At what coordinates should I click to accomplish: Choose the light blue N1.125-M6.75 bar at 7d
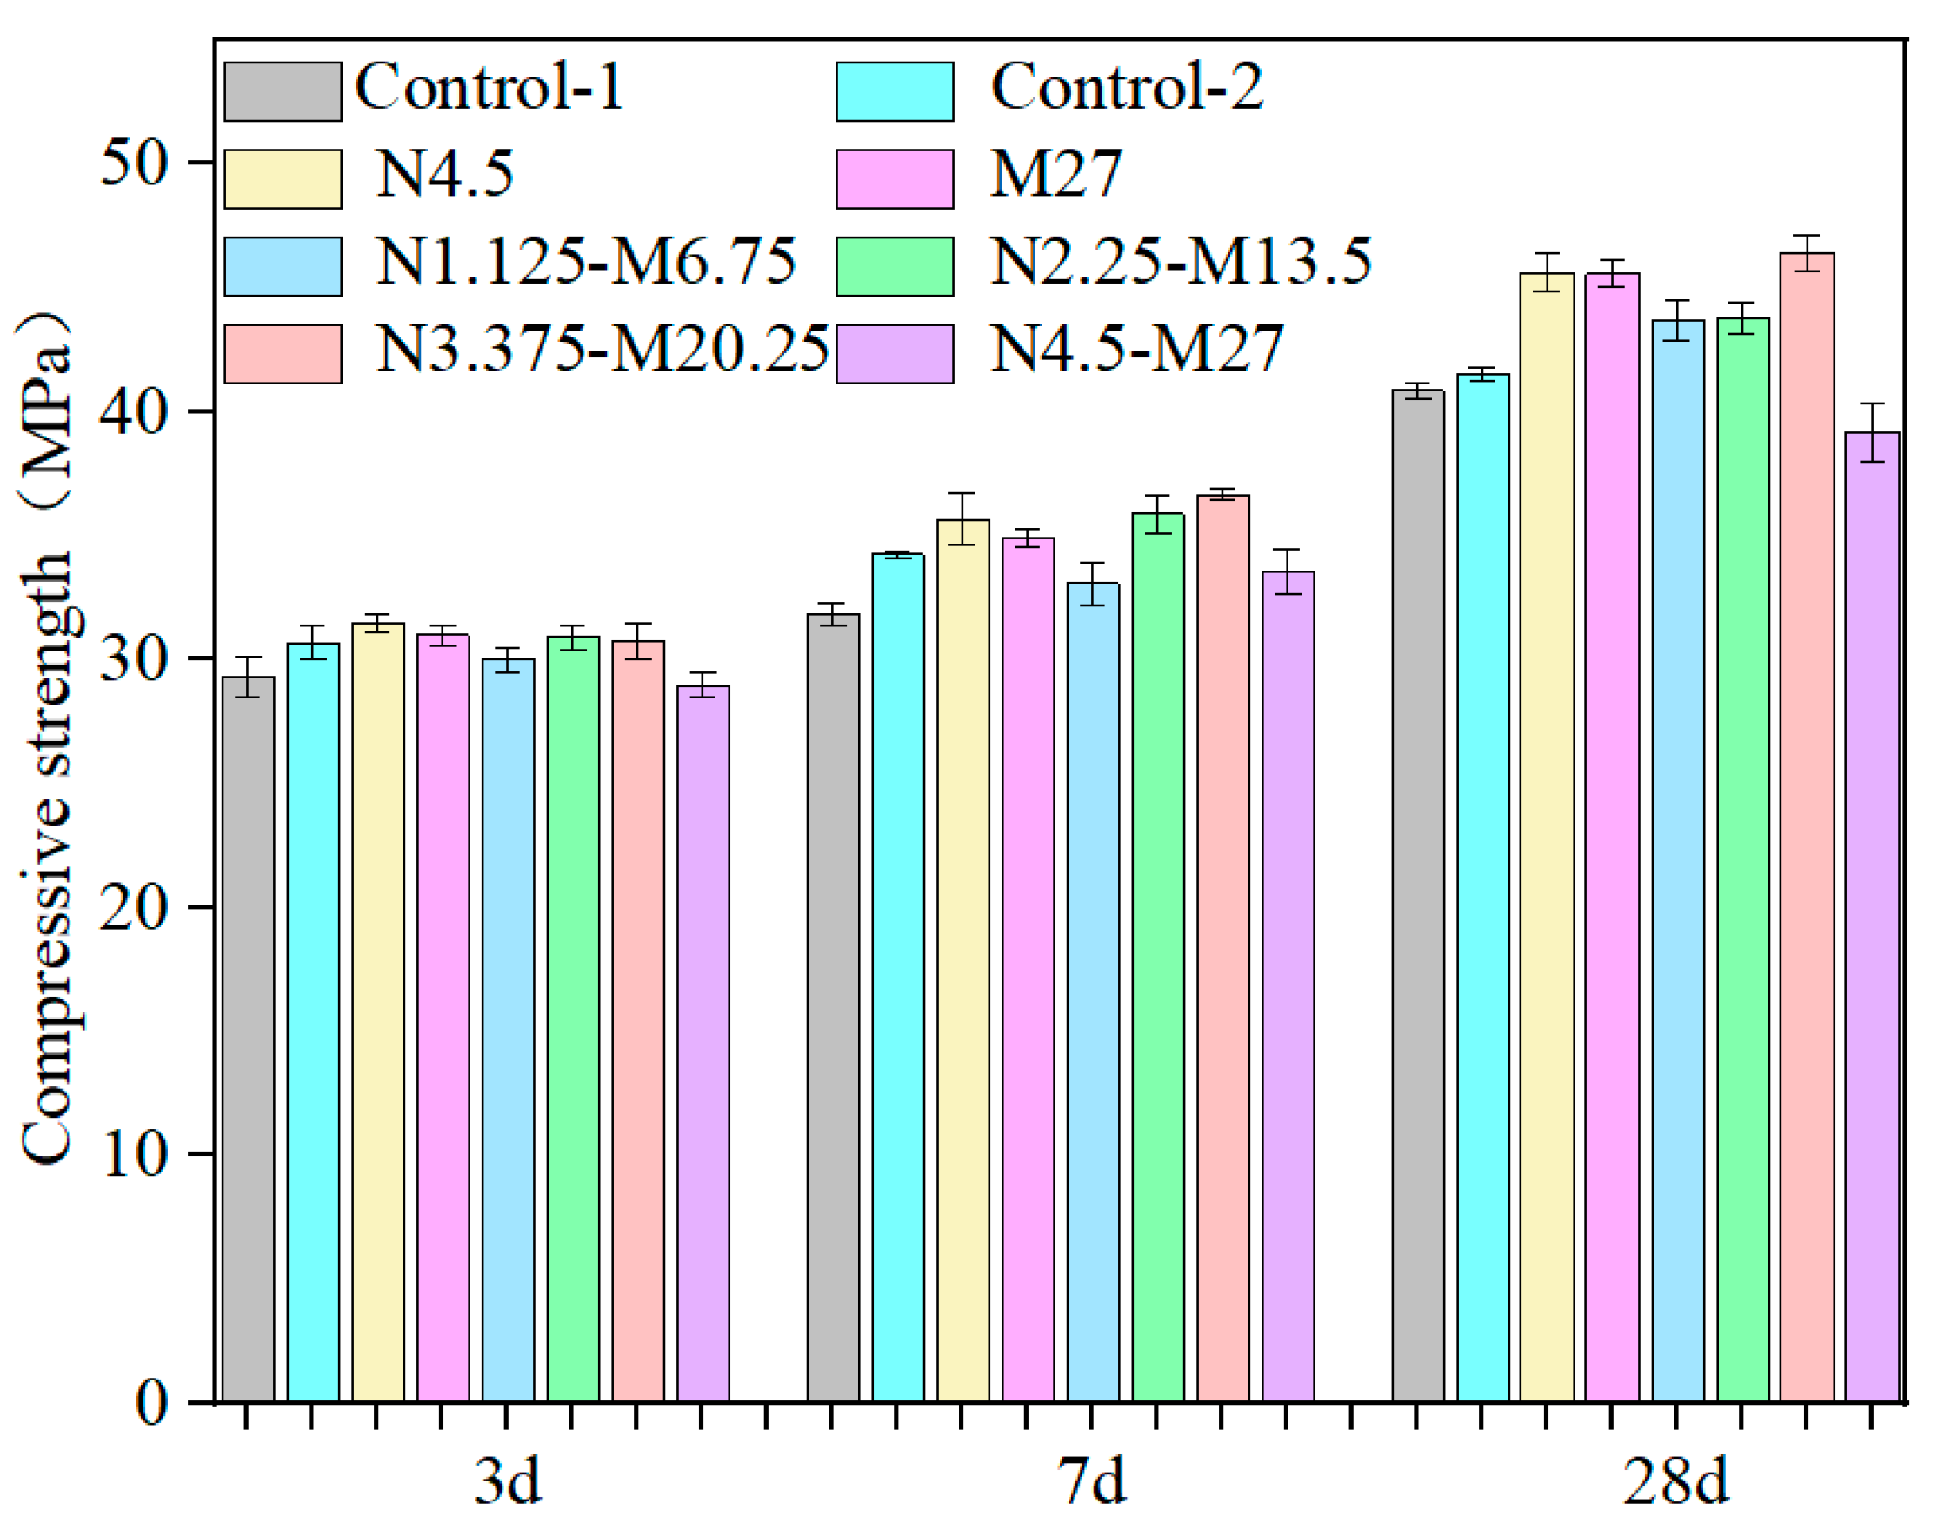1093,991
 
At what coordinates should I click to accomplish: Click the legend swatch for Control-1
283,91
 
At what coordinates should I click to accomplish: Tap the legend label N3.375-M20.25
602,349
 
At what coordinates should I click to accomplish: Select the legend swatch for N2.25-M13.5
894,266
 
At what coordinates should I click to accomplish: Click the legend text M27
1055,175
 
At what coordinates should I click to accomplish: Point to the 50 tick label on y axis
134,164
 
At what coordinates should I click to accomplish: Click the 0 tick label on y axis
151,1403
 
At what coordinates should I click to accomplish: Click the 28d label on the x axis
1675,1480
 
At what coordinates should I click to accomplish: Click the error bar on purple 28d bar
1872,432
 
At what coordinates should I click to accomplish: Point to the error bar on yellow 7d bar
962,518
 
